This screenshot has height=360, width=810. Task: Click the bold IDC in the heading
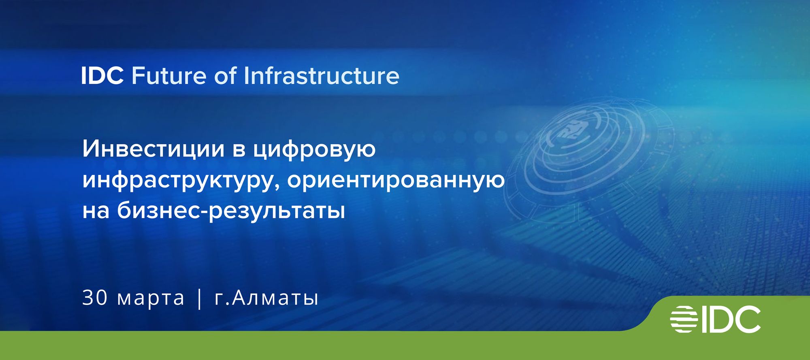[102, 76]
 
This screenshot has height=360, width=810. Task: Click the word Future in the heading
[169, 76]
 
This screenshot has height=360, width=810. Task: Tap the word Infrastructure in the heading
[322, 76]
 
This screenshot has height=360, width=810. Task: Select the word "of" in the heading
[225, 76]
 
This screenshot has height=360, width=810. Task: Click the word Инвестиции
[153, 149]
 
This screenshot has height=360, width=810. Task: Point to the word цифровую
[314, 150]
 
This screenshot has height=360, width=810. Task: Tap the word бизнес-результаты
[231, 211]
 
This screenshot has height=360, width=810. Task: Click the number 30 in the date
[95, 298]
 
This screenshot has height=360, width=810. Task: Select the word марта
[151, 298]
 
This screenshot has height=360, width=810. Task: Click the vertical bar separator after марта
[199, 299]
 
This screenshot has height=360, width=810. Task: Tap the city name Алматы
[275, 298]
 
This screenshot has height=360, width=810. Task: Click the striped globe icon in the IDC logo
[684, 320]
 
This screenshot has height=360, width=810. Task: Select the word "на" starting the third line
[96, 211]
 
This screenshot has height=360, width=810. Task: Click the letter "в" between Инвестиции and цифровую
[239, 149]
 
